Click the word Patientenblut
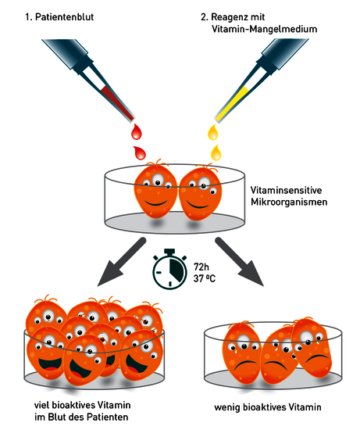pyautogui.click(x=65, y=17)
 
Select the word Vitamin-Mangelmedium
pyautogui.click(x=265, y=29)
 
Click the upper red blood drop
pyautogui.click(x=137, y=131)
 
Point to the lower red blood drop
pyautogui.click(x=140, y=152)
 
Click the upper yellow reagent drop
pyautogui.click(x=213, y=132)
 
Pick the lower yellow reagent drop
pyautogui.click(x=216, y=152)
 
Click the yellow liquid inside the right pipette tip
pyautogui.click(x=231, y=104)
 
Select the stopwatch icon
pyautogui.click(x=169, y=269)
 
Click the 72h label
pyautogui.click(x=201, y=267)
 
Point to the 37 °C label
pyautogui.click(x=205, y=278)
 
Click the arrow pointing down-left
pyautogui.click(x=121, y=262)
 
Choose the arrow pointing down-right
pyautogui.click(x=240, y=262)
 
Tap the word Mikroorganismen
pyautogui.click(x=289, y=202)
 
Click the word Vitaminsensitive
pyautogui.click(x=286, y=190)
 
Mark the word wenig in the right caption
pyautogui.click(x=227, y=407)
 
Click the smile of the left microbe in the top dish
pyautogui.click(x=156, y=202)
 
